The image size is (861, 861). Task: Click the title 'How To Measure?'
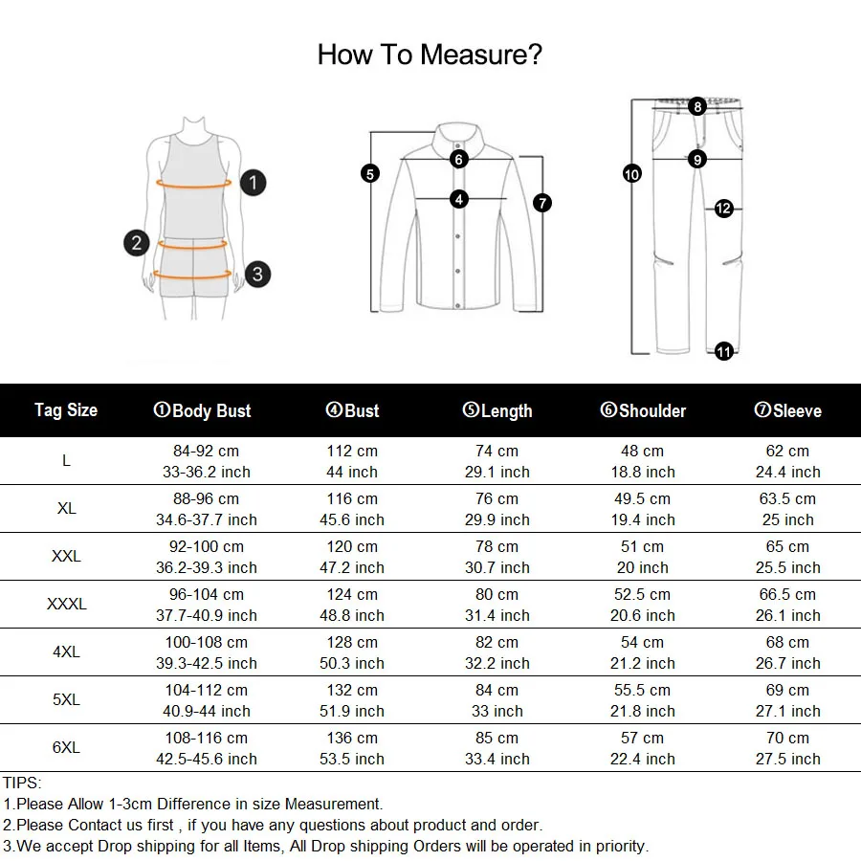(430, 55)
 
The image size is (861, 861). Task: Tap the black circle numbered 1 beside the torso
(253, 182)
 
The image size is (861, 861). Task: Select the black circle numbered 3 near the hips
(256, 275)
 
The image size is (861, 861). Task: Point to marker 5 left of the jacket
(370, 173)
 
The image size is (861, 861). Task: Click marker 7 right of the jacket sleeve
(542, 203)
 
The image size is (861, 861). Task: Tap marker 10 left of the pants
(631, 174)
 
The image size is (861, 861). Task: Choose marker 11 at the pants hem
(724, 352)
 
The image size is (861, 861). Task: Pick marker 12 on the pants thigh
(724, 208)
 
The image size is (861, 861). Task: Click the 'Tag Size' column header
(66, 410)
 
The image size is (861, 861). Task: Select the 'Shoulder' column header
(643, 411)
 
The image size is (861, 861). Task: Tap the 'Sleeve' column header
(787, 411)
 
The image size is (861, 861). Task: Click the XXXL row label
(66, 604)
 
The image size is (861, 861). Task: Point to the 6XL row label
(66, 747)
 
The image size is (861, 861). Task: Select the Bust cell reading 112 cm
(352, 451)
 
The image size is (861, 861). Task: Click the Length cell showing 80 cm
(497, 594)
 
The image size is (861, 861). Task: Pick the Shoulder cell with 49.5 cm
(643, 498)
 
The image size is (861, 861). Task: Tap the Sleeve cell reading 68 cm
(787, 642)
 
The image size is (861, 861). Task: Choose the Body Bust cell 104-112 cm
(207, 690)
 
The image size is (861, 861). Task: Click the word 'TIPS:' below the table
(22, 783)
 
